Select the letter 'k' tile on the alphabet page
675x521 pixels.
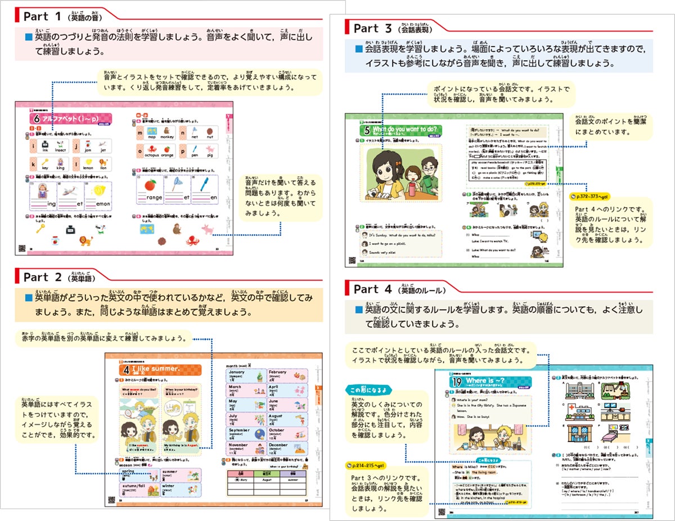click(x=33, y=164)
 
